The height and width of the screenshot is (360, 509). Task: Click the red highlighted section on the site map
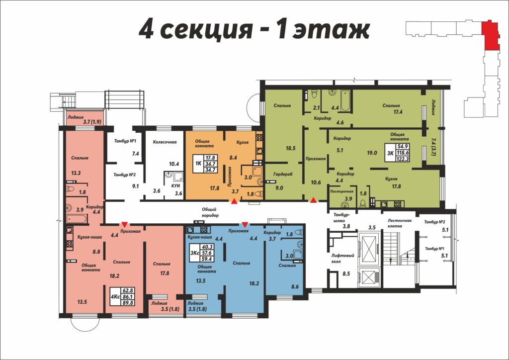point(491,36)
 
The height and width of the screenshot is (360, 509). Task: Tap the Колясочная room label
point(165,142)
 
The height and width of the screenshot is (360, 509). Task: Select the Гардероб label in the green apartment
point(283,174)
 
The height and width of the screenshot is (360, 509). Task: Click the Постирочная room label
point(341,191)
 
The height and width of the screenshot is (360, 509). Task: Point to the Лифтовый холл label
point(342,259)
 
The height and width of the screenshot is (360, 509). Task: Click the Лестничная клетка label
point(399,223)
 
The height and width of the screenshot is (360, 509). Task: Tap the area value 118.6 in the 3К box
point(403,153)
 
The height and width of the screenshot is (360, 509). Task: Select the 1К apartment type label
point(198,164)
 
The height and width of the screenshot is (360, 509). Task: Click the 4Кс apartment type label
point(115,296)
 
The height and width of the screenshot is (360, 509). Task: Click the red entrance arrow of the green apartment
point(313,200)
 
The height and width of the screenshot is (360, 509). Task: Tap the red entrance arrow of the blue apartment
point(245,224)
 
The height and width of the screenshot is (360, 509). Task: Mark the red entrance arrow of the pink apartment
point(124,224)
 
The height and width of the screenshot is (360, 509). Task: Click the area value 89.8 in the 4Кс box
point(127,302)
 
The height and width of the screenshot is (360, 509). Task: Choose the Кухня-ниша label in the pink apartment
point(89,237)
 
